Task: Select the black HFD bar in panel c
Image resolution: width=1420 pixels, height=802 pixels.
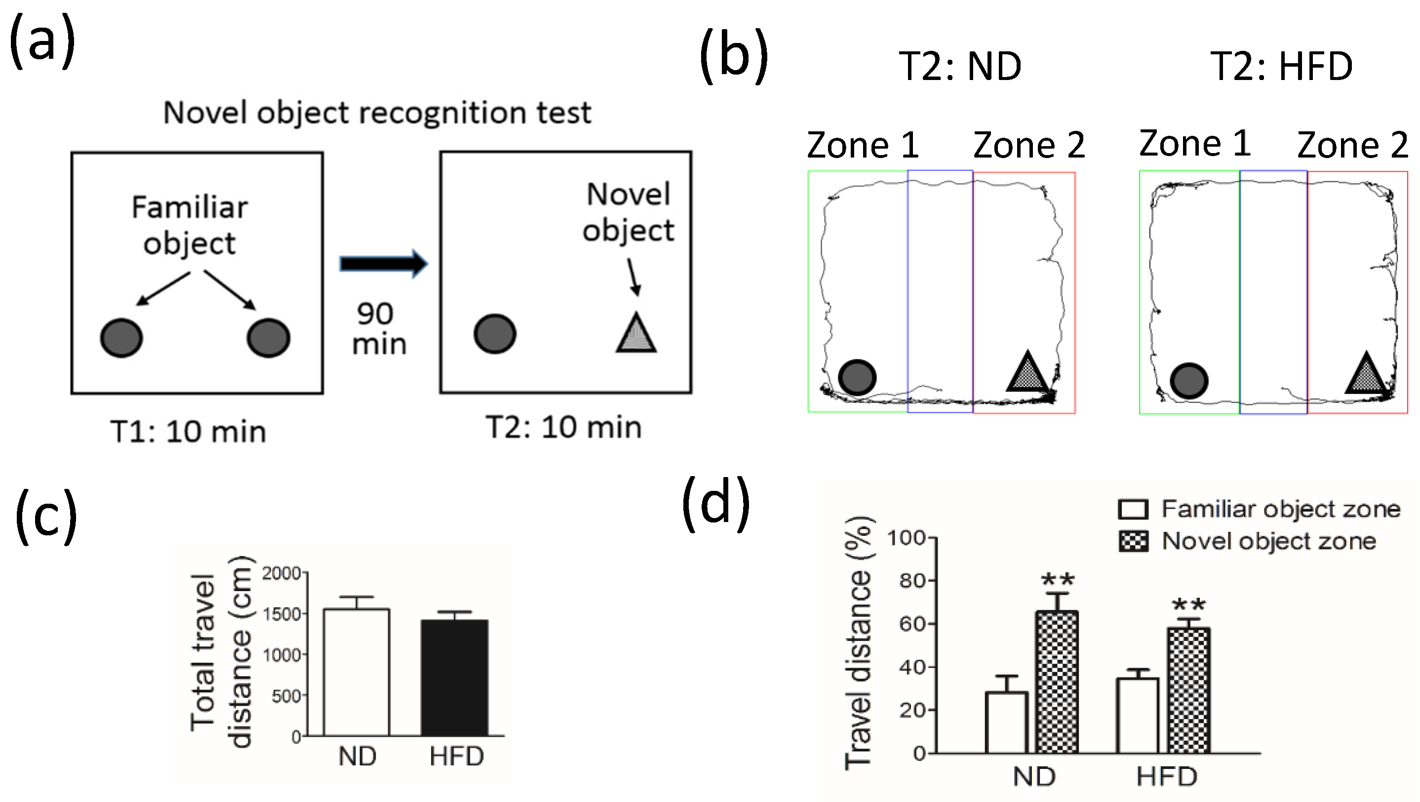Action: click(x=455, y=678)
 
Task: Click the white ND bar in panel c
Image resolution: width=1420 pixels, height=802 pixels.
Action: click(x=356, y=672)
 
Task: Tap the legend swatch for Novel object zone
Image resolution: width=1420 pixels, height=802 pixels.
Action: click(x=1133, y=541)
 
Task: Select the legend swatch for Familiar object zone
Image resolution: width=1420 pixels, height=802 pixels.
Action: click(x=1133, y=509)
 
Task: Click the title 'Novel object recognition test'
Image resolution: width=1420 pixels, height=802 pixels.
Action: click(x=377, y=113)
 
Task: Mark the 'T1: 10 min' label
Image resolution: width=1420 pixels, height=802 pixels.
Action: click(x=189, y=432)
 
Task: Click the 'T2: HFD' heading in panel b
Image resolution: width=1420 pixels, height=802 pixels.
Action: click(x=1281, y=67)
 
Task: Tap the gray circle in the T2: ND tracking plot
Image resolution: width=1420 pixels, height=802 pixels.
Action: click(x=857, y=377)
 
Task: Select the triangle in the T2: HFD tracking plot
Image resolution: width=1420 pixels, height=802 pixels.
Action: click(x=1365, y=375)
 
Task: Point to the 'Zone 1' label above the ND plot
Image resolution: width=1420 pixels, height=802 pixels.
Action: click(x=863, y=145)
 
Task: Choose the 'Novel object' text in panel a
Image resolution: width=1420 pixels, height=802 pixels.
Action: click(x=629, y=212)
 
